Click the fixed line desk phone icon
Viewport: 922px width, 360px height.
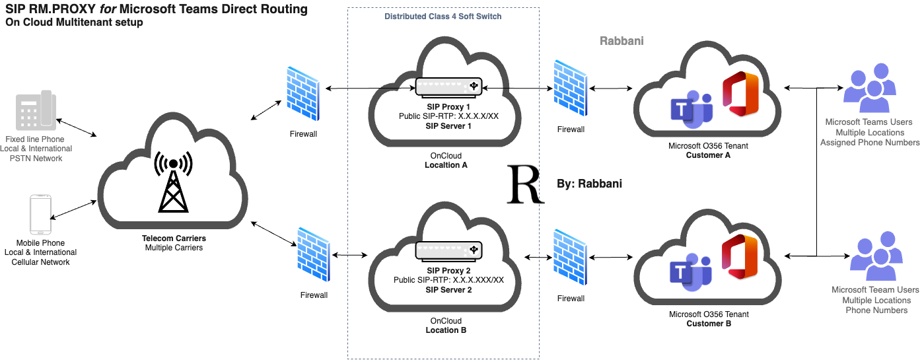[36, 111]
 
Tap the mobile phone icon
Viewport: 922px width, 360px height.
[40, 214]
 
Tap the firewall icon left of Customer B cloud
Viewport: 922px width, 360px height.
[571, 258]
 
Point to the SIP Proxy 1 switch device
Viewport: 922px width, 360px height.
[448, 87]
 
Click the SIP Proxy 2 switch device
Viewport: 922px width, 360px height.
[448, 250]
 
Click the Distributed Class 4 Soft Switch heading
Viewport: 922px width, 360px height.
[443, 17]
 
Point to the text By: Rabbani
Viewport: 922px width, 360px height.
[590, 183]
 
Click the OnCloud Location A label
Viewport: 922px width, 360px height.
[446, 161]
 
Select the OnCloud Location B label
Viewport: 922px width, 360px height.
[446, 325]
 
